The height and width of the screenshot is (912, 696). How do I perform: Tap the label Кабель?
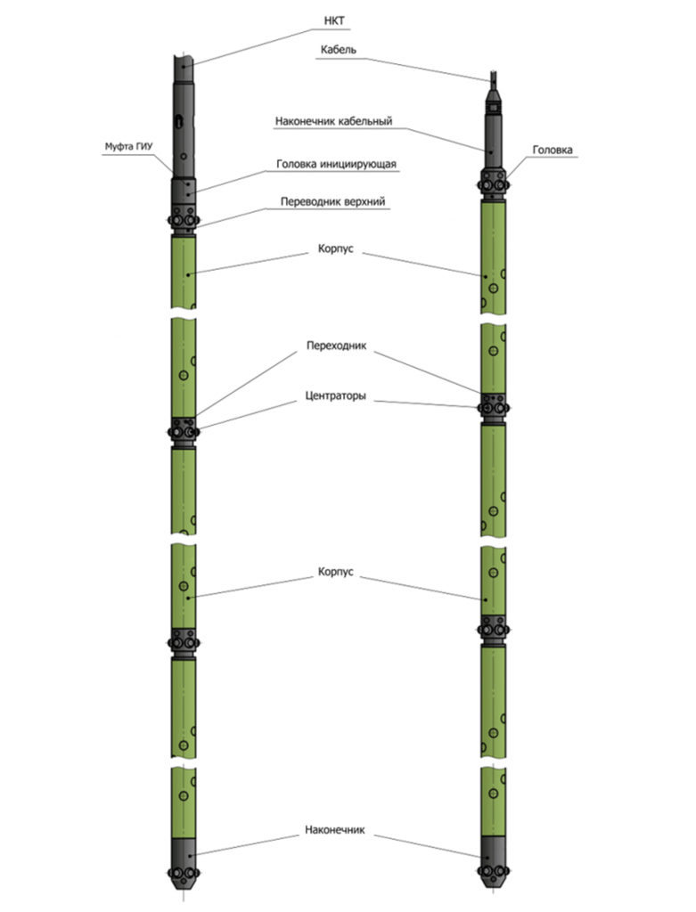click(338, 50)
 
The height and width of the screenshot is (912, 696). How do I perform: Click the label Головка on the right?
click(553, 150)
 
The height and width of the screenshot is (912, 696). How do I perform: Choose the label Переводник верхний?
click(333, 202)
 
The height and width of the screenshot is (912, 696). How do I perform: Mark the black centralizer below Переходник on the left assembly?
click(184, 432)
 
